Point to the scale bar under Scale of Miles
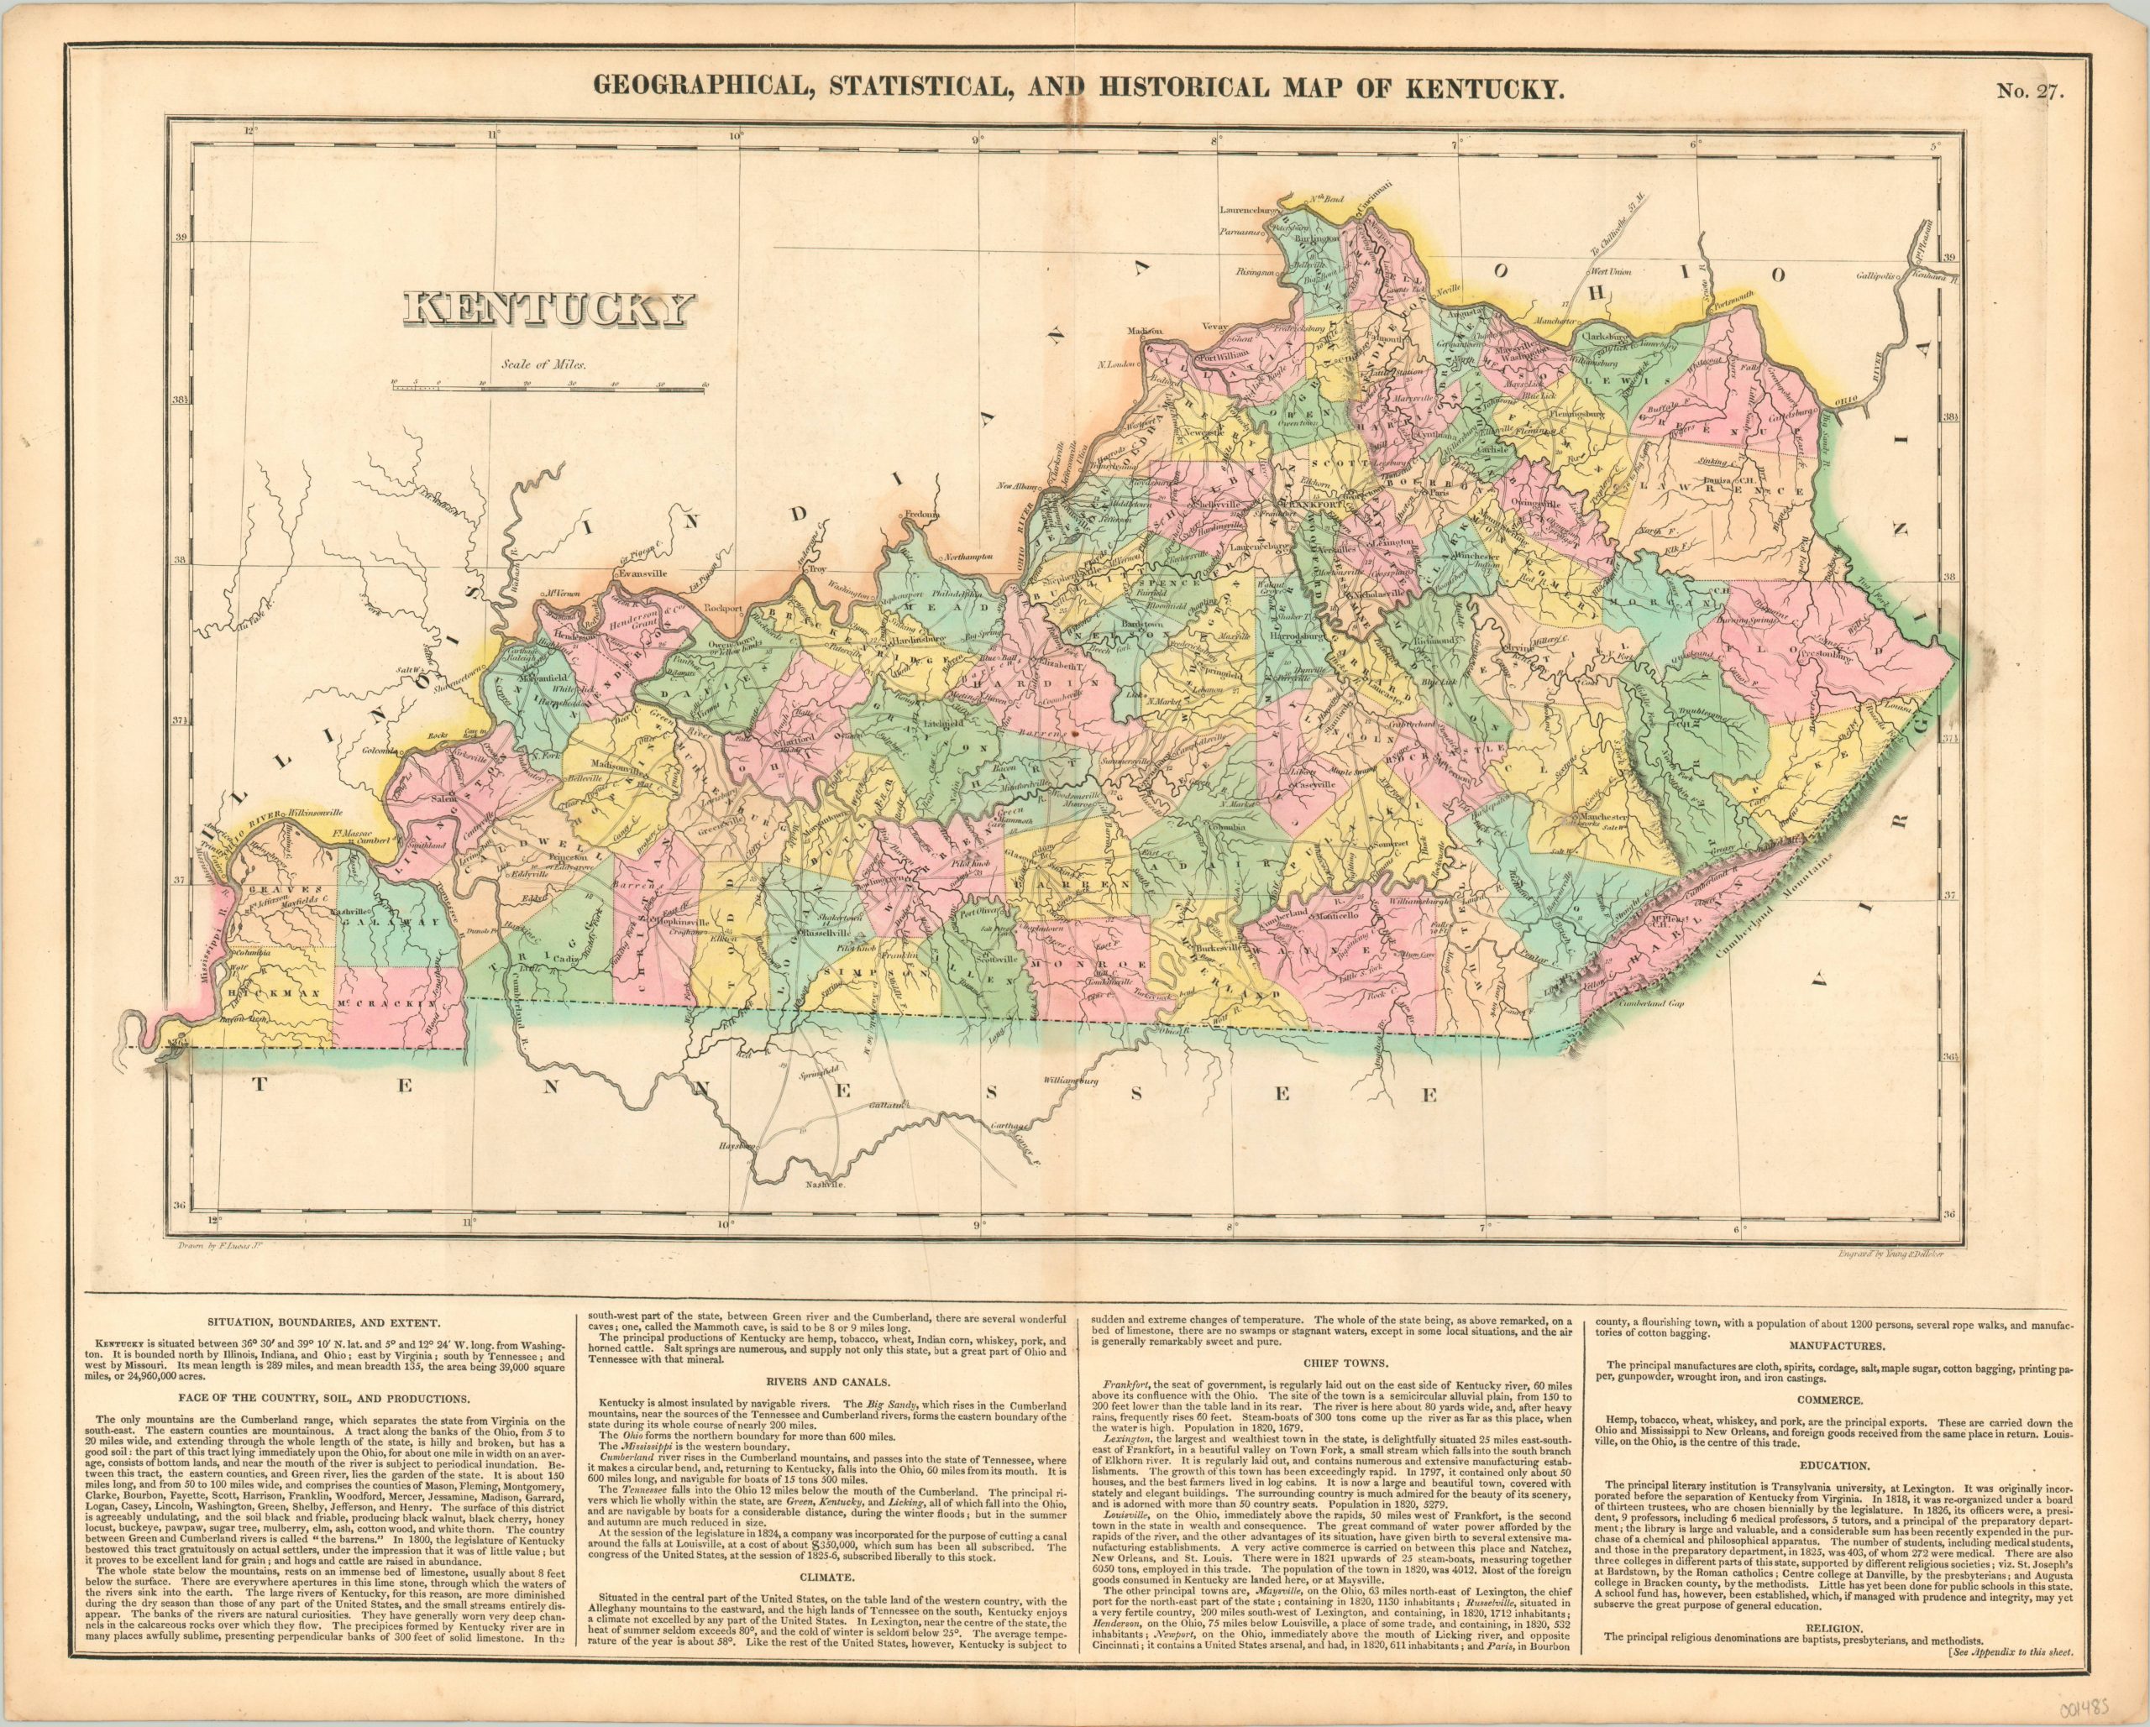tap(549, 384)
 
